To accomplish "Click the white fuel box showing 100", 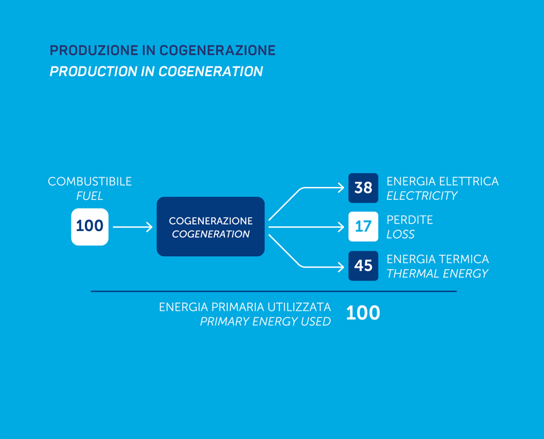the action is (90, 227).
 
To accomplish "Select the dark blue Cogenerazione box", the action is (211, 226).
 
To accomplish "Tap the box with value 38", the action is (363, 188).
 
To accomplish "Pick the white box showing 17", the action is (363, 226).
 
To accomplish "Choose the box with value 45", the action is (363, 266).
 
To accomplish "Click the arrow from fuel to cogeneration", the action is (133, 227).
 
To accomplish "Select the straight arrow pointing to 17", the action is (307, 227).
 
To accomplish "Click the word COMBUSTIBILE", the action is (90, 181).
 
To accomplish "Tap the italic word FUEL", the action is (90, 196).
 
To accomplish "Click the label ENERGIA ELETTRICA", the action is (443, 181).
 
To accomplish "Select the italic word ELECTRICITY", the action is (422, 196).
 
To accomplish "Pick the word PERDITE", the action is (410, 220).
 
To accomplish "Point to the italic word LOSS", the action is (401, 234).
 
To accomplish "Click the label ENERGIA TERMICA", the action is (437, 259).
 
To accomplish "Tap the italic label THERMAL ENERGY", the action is (437, 274).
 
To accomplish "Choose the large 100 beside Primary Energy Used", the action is (363, 313).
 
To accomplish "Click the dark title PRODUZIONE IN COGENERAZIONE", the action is (163, 50).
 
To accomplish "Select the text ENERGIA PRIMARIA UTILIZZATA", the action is (245, 307).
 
